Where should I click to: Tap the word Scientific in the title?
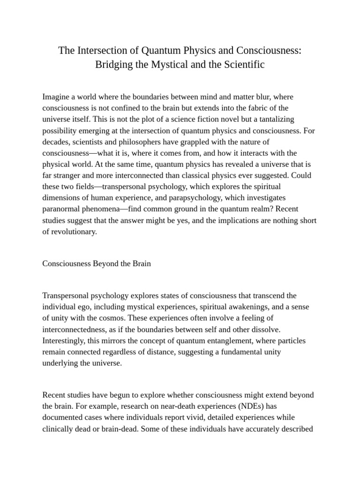click(x=241, y=65)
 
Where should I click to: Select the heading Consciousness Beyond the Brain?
click(x=97, y=263)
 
